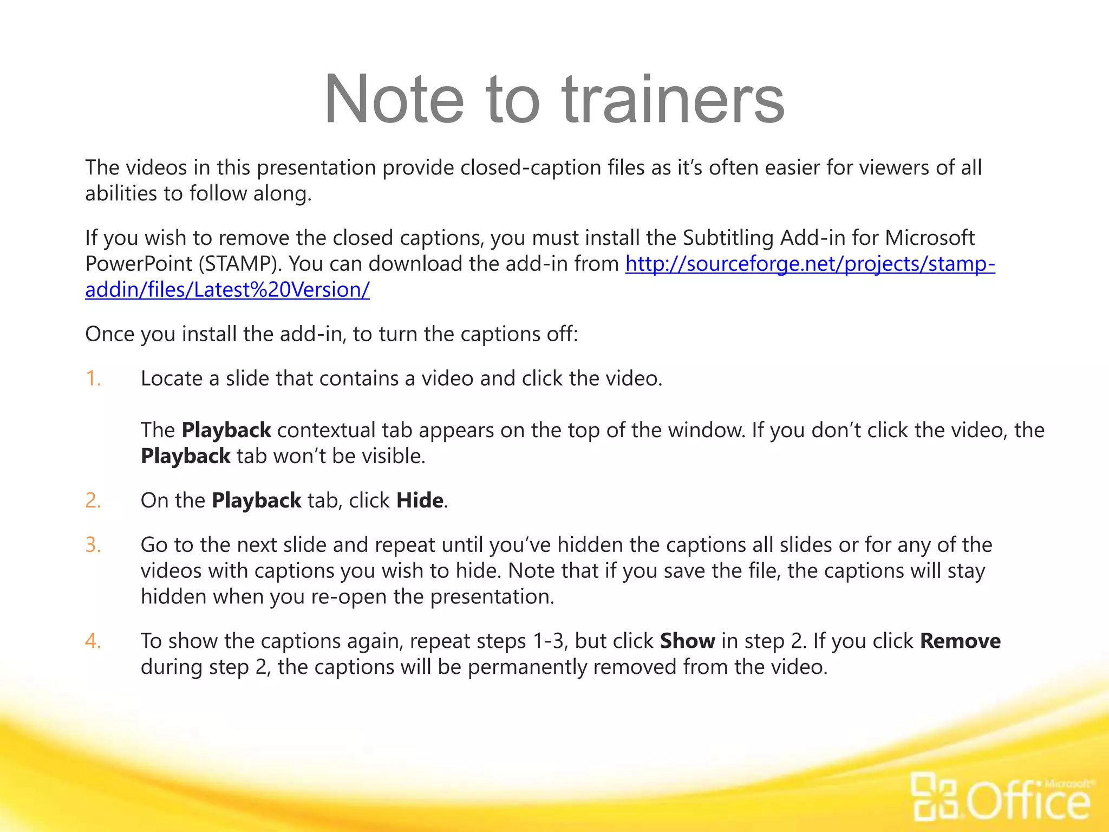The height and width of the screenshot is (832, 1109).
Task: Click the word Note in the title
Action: (x=394, y=100)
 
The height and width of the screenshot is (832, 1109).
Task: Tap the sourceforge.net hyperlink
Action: (x=810, y=264)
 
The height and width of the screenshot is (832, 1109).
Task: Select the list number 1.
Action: (x=93, y=379)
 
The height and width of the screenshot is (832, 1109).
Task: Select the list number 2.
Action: (x=93, y=500)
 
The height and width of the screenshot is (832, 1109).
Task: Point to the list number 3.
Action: (x=93, y=545)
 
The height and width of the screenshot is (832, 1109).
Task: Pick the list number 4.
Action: (x=93, y=641)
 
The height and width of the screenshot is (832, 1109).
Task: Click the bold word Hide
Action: (x=420, y=500)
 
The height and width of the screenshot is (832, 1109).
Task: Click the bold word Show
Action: (x=687, y=641)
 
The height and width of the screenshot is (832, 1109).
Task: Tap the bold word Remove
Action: (x=960, y=641)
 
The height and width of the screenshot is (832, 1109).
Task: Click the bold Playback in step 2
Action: (x=256, y=500)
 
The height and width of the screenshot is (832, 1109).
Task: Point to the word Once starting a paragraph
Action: (x=109, y=334)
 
